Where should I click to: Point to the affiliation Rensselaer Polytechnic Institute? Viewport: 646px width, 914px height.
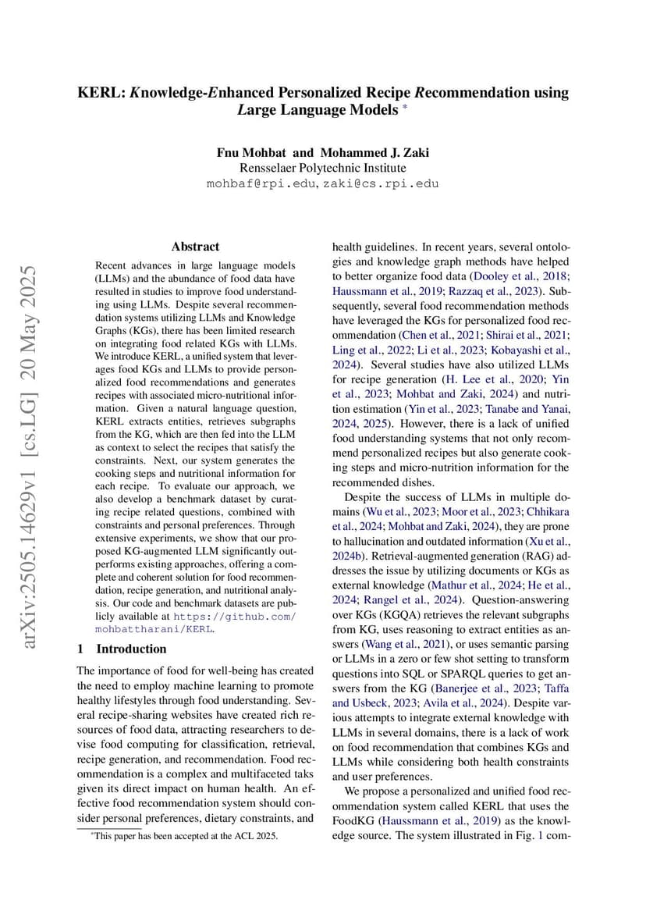click(x=322, y=168)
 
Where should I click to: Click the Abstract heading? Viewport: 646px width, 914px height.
click(x=195, y=246)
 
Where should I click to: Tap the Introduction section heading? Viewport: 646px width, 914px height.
click(x=131, y=649)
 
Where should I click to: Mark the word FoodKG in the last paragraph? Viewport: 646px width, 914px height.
click(x=356, y=820)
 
